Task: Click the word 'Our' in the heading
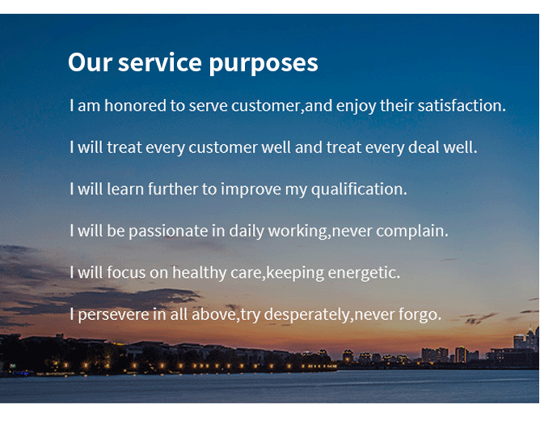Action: click(x=91, y=62)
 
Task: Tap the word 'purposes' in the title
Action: click(x=264, y=64)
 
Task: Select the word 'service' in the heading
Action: click(x=160, y=62)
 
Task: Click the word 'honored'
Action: click(x=135, y=105)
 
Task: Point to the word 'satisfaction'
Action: click(x=462, y=105)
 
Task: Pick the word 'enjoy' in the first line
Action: click(x=356, y=106)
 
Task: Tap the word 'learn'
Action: click(x=125, y=189)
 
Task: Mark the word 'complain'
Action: click(x=412, y=232)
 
